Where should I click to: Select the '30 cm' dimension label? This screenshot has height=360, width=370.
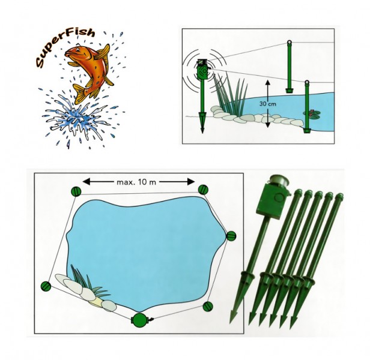pyautogui.click(x=268, y=104)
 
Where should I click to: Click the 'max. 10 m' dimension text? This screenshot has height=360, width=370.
pyautogui.click(x=136, y=182)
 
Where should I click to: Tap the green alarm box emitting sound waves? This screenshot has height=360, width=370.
pyautogui.click(x=202, y=70)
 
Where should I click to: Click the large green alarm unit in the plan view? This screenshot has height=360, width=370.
pyautogui.click(x=140, y=320)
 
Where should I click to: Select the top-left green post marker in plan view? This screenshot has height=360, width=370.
pyautogui.click(x=76, y=191)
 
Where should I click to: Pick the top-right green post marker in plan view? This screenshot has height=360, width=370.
pyautogui.click(x=203, y=190)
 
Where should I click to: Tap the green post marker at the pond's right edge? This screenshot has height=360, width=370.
pyautogui.click(x=231, y=236)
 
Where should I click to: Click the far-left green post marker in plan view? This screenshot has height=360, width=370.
pyautogui.click(x=46, y=286)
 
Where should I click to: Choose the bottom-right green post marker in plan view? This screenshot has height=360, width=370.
pyautogui.click(x=208, y=307)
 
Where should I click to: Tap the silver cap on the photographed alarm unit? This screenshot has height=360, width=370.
pyautogui.click(x=280, y=181)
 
